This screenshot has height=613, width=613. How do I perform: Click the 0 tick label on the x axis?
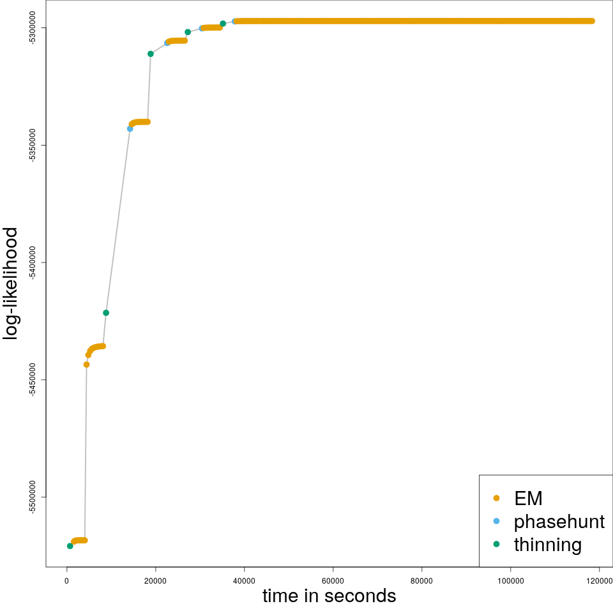pyautogui.click(x=66, y=580)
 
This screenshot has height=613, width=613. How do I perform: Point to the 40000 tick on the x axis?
pyautogui.click(x=244, y=580)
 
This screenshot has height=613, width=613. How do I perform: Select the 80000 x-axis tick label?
pyautogui.click(x=421, y=580)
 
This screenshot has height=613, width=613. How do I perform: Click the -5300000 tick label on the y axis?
pyautogui.click(x=33, y=27)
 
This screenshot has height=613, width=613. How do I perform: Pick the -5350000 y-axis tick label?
pyautogui.click(x=33, y=145)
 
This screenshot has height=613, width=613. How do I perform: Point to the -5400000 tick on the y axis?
pyautogui.click(x=33, y=262)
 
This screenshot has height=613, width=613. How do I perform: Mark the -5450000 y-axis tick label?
pyautogui.click(x=33, y=380)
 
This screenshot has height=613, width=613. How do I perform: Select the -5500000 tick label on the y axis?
pyautogui.click(x=33, y=497)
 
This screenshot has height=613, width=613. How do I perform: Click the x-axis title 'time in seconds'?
pyautogui.click(x=329, y=596)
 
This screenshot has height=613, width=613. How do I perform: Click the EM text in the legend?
pyautogui.click(x=528, y=498)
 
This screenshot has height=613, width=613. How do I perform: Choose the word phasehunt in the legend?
pyautogui.click(x=559, y=522)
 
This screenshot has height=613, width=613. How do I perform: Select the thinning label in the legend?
pyautogui.click(x=547, y=545)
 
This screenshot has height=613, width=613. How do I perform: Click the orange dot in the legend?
pyautogui.click(x=496, y=498)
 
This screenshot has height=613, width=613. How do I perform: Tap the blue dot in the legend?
pyautogui.click(x=496, y=521)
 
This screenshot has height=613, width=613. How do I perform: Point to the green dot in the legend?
pyautogui.click(x=496, y=544)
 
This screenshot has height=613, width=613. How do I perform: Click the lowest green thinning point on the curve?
pyautogui.click(x=70, y=546)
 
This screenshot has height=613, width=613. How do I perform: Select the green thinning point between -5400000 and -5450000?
pyautogui.click(x=106, y=313)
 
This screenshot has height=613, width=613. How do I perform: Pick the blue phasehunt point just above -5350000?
pyautogui.click(x=130, y=129)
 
